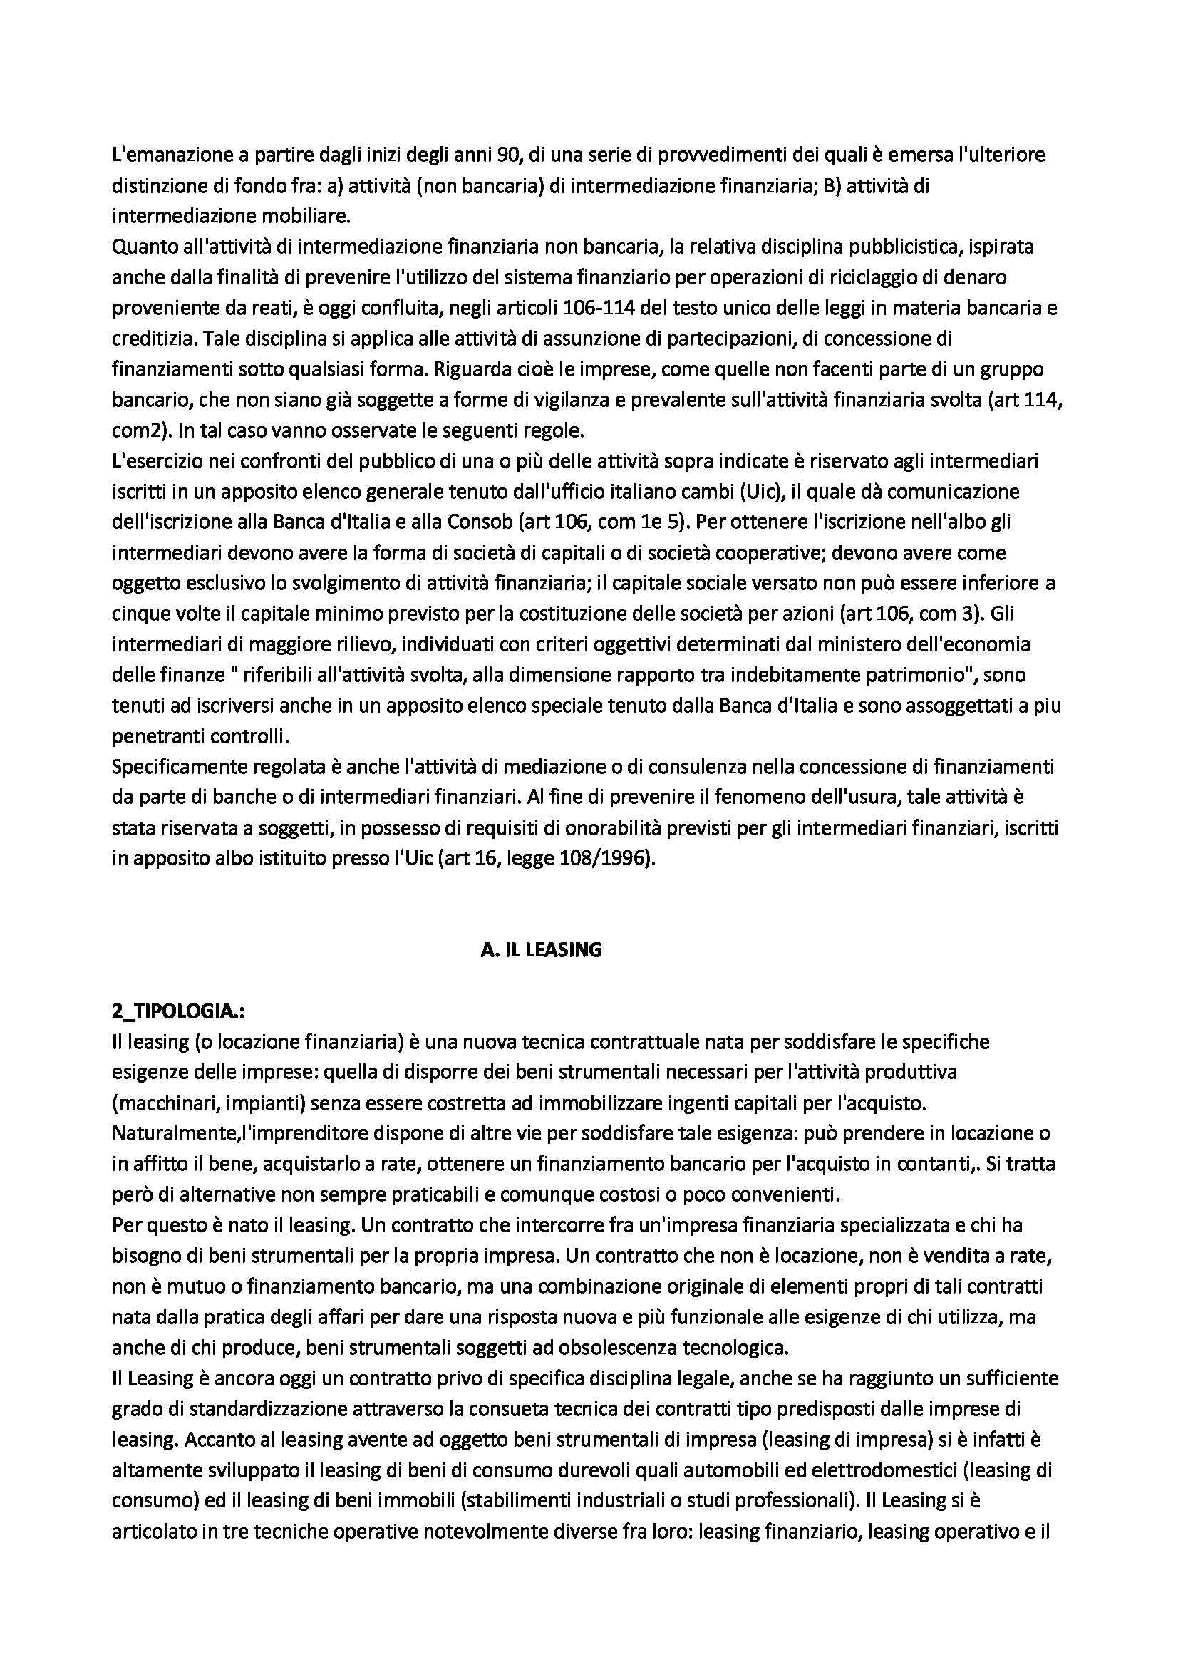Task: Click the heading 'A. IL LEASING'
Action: point(541,949)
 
